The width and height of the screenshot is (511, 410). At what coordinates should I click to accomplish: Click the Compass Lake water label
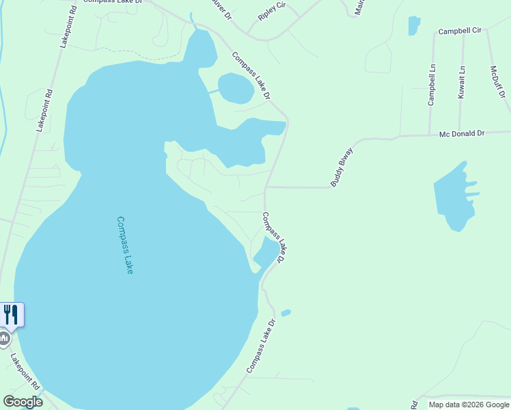pos(124,245)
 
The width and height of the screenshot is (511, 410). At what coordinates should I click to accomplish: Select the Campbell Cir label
pos(460,31)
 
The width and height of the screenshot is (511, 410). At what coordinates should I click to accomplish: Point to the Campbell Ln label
pos(431,85)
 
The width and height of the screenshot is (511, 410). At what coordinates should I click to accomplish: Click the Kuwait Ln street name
pos(462,83)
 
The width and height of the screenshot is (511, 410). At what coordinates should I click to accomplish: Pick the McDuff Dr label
pos(497,82)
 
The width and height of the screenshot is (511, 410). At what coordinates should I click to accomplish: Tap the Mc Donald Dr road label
pos(461,134)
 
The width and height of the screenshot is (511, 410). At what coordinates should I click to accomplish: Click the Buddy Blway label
pos(341,167)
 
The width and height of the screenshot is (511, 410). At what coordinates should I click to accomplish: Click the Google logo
pos(23,402)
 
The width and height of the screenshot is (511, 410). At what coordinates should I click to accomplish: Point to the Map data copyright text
pos(469,405)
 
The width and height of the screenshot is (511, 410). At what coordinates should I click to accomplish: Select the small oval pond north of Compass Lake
pos(236,88)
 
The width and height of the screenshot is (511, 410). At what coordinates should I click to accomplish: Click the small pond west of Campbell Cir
pos(414,25)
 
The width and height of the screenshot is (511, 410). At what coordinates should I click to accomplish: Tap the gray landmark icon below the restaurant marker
pos(5,338)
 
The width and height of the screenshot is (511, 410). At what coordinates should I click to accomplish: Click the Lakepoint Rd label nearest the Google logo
pos(26,372)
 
